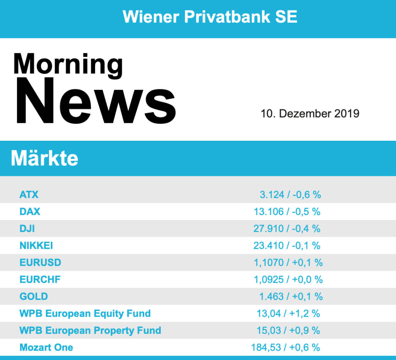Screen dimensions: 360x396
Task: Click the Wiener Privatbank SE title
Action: (x=210, y=17)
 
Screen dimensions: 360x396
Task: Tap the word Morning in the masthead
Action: (x=68, y=64)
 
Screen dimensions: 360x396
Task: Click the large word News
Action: (x=96, y=102)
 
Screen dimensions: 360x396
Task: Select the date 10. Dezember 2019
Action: (x=310, y=114)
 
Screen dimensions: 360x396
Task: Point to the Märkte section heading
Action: (x=44, y=159)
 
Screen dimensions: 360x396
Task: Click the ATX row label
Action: (x=29, y=195)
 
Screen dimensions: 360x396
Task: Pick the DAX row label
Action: (x=30, y=212)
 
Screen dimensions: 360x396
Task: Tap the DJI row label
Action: (x=27, y=229)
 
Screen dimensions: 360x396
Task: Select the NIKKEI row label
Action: (x=36, y=246)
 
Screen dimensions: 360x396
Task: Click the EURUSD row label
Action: (x=40, y=263)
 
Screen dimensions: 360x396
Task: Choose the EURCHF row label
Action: (x=40, y=280)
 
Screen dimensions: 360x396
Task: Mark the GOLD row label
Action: (x=34, y=297)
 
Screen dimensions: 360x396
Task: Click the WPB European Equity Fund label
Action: (x=85, y=314)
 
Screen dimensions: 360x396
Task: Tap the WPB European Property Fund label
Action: (x=90, y=331)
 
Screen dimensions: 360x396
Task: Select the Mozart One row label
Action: (x=46, y=347)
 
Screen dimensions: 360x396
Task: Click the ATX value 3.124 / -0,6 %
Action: (x=290, y=195)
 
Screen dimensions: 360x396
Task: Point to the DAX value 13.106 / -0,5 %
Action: (x=287, y=212)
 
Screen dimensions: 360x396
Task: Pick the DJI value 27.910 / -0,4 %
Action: (x=287, y=229)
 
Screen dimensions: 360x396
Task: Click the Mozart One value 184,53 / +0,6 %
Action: (x=285, y=347)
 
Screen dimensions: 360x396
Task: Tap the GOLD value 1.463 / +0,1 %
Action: (x=290, y=297)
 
